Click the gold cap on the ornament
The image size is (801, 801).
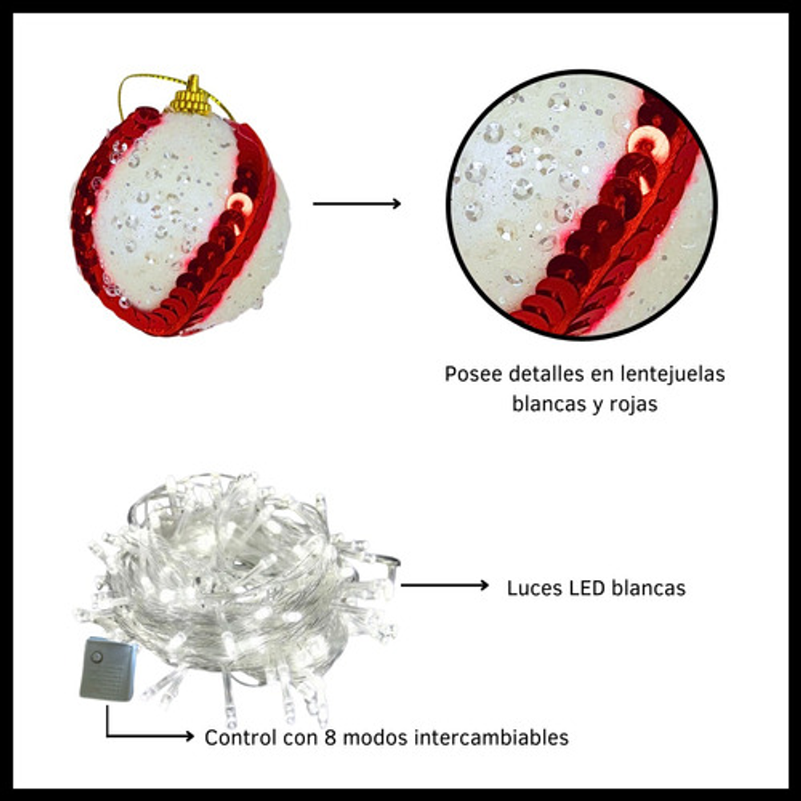(192, 99)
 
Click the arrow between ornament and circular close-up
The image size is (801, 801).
(356, 203)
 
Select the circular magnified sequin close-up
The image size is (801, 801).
(582, 204)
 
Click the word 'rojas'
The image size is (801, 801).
(630, 404)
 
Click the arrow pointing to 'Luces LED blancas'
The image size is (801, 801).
(445, 586)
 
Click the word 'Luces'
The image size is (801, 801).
(533, 588)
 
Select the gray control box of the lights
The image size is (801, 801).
(107, 669)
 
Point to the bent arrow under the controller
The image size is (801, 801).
(144, 733)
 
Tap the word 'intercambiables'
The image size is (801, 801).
(491, 737)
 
